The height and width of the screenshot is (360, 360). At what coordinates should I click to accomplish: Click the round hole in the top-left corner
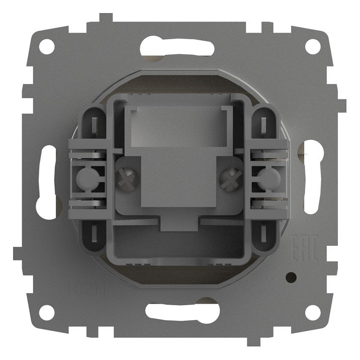coord(47,47)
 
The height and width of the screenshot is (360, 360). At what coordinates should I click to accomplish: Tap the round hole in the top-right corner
coord(313,47)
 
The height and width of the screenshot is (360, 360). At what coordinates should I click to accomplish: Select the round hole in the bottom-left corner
coord(47,312)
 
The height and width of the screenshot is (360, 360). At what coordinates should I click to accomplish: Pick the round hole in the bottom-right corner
coord(313,312)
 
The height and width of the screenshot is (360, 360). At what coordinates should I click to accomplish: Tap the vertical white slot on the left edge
coord(47,181)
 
